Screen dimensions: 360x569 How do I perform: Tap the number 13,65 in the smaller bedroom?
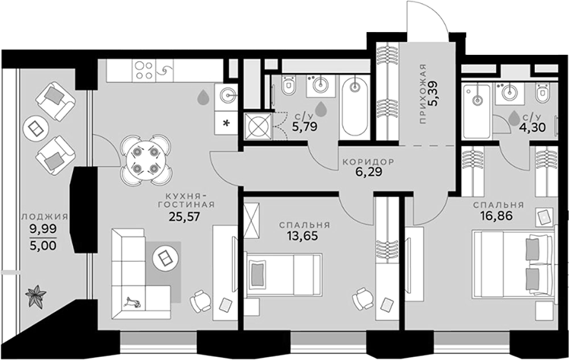(304, 237)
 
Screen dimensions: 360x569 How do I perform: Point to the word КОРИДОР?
(368, 162)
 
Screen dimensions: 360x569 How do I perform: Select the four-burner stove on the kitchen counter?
(145, 71)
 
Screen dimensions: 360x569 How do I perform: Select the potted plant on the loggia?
(36, 295)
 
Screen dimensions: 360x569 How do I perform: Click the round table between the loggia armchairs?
(35, 128)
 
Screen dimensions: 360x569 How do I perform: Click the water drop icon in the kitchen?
(203, 97)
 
